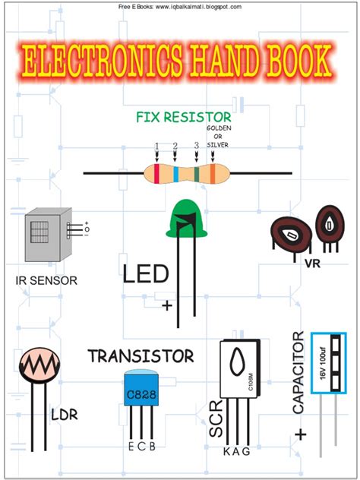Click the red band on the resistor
(157, 172)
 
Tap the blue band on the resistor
(175, 172)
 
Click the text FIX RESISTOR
(183, 118)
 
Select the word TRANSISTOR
(141, 355)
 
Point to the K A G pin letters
(235, 452)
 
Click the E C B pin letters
(141, 446)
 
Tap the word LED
(144, 273)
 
